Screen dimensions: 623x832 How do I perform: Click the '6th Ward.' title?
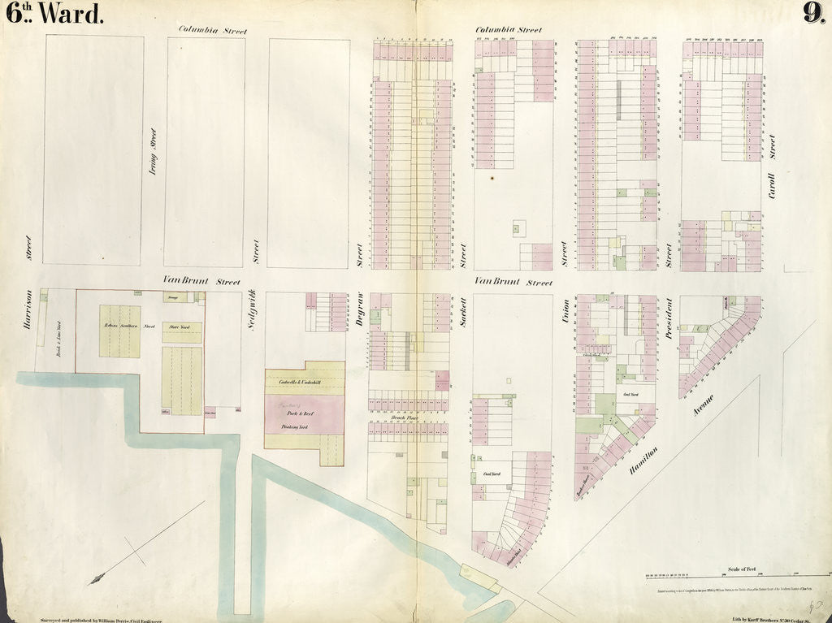coord(55,14)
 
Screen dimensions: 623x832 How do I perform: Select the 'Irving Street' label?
coord(153,152)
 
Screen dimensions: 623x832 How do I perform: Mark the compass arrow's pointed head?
coord(93,580)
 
